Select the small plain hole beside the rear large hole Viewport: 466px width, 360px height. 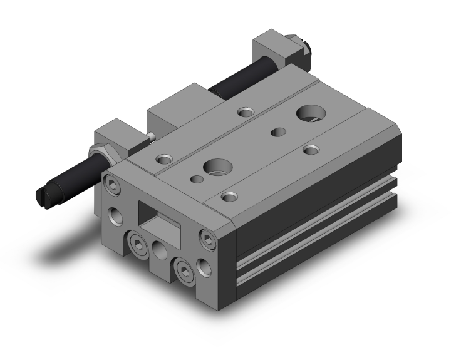(x=277, y=132)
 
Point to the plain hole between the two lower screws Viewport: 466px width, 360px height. (x=158, y=252)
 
